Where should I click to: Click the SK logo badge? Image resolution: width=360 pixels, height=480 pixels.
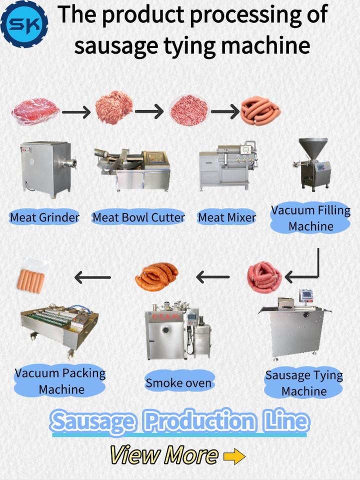[24, 22]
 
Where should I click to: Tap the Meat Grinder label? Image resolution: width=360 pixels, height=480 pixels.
[45, 217]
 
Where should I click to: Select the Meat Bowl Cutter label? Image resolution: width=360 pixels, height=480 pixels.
[138, 217]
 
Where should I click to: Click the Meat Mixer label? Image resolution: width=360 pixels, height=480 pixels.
[227, 217]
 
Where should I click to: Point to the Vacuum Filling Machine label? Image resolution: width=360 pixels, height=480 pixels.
[310, 218]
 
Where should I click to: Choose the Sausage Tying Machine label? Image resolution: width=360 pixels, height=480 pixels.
[303, 383]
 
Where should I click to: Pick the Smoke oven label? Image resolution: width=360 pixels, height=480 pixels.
[178, 383]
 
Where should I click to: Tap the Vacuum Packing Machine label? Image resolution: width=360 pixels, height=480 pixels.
[60, 381]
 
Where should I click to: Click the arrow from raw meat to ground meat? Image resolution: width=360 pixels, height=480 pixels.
[78, 111]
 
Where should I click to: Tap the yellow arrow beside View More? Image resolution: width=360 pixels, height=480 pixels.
[234, 455]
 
